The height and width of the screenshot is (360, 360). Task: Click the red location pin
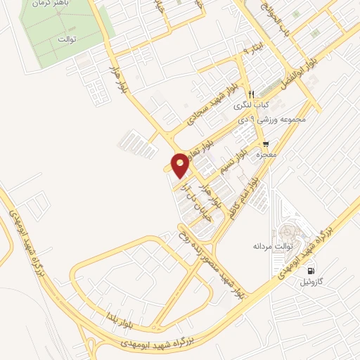tap(181, 165)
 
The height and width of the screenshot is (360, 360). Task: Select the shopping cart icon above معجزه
tap(266, 143)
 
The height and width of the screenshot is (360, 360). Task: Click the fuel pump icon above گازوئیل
tap(311, 271)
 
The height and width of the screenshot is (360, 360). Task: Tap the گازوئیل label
tap(314, 282)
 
